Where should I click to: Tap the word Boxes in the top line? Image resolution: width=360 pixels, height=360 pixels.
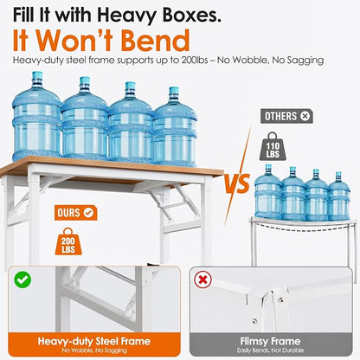click(x=191, y=15)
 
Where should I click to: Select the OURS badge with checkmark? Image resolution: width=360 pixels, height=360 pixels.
click(x=75, y=213)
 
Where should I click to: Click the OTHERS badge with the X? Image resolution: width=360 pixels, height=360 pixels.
click(x=286, y=116)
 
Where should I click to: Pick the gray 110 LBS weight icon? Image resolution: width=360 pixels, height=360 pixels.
click(x=273, y=146)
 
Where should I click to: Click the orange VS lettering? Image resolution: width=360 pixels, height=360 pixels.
click(x=237, y=183)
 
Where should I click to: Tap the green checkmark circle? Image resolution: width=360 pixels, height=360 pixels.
click(x=22, y=280)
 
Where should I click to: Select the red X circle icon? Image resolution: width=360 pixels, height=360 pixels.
click(x=202, y=280)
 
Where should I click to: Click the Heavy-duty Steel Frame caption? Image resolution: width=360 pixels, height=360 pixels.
click(x=94, y=341)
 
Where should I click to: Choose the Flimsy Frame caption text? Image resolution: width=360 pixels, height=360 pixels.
click(x=270, y=341)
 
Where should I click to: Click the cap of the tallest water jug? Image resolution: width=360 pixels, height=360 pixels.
click(x=37, y=76)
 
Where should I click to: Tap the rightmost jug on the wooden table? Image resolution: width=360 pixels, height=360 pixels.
click(x=175, y=127)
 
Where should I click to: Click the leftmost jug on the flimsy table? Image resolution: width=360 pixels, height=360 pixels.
click(x=268, y=191)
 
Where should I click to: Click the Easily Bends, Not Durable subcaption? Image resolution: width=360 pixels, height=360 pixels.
click(x=270, y=350)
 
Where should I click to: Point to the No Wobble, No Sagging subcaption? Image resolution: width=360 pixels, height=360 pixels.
click(x=94, y=350)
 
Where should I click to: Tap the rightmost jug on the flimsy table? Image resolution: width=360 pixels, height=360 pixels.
click(x=339, y=196)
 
